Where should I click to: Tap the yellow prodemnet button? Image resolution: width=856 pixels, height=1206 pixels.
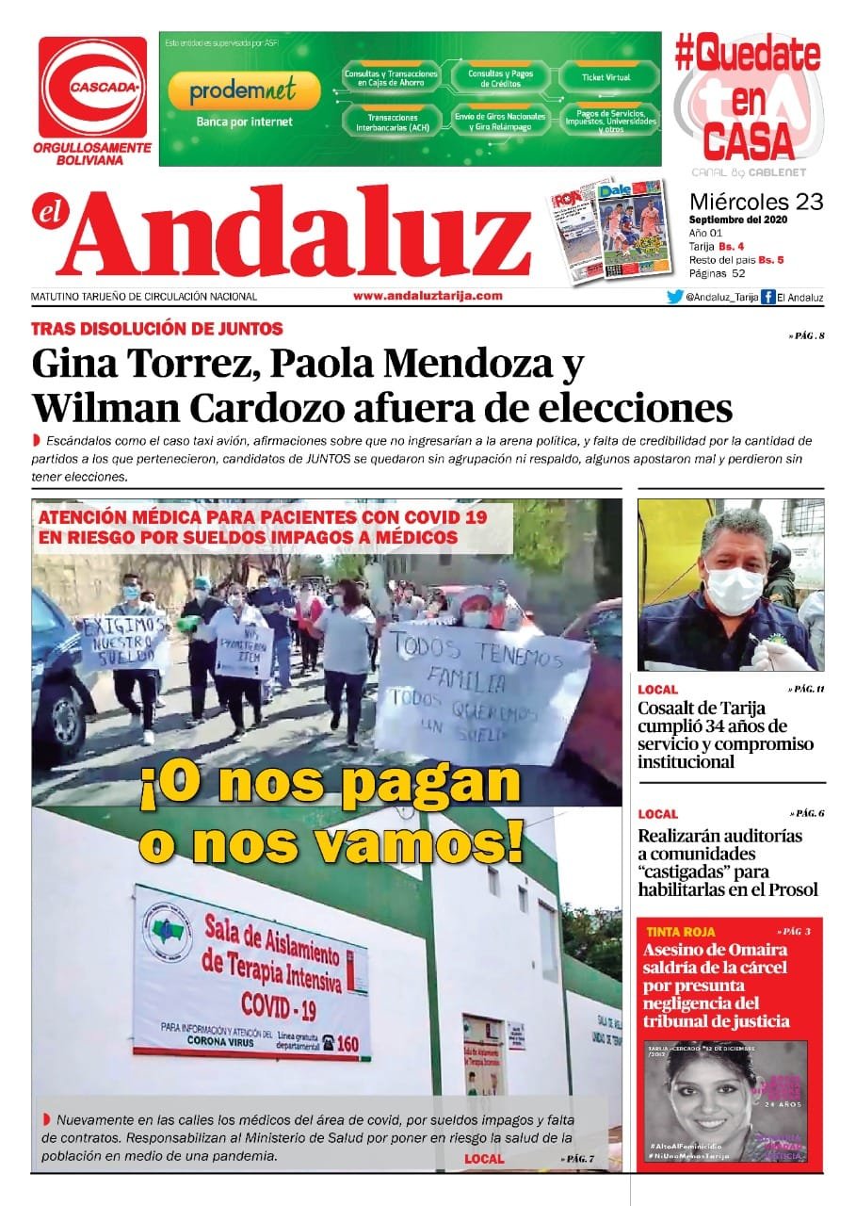243,90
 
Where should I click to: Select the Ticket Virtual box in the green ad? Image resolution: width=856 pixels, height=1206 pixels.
606,77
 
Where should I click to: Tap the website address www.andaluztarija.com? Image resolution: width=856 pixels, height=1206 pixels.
428,296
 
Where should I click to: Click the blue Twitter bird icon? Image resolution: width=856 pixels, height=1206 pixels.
674,297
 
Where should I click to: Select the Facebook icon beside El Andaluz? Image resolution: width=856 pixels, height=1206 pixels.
767,297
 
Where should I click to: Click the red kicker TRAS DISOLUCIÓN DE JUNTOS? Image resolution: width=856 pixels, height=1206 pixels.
156,329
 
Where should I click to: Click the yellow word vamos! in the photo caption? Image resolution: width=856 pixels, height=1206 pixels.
428,841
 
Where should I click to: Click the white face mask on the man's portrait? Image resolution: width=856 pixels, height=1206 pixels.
735,589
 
